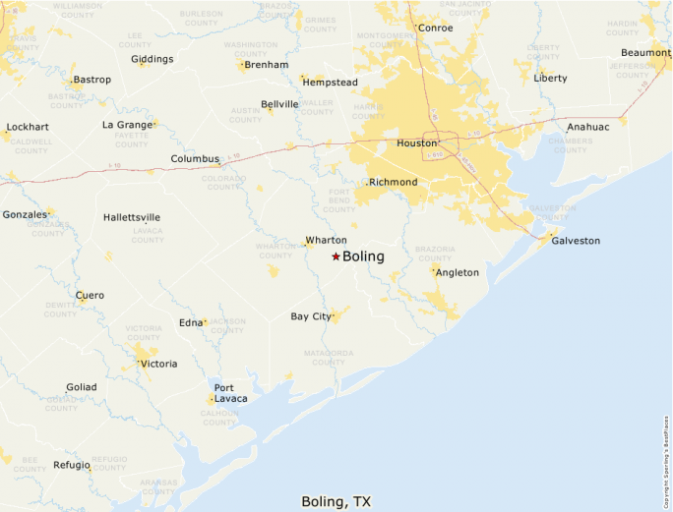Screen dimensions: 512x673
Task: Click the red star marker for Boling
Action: pos(336,256)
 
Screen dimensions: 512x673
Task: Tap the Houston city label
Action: pos(415,142)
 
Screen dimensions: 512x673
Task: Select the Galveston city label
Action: pos(576,241)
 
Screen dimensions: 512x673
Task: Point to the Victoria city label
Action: pos(158,364)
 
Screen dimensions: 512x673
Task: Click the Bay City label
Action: pos(311,316)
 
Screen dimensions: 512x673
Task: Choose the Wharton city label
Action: pos(326,240)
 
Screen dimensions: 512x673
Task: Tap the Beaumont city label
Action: pos(645,52)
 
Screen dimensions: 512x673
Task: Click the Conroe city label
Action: pos(435,28)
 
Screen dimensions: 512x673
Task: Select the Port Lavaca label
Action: pos(230,392)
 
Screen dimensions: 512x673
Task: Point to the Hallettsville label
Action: pos(132,217)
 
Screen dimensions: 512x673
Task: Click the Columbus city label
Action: pos(195,158)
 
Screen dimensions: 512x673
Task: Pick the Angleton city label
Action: pos(457,272)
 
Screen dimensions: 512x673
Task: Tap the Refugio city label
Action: pos(72,465)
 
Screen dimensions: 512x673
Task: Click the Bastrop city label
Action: pos(92,80)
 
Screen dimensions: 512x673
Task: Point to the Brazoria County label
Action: pos(436,254)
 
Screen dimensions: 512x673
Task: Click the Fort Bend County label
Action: pos(339,199)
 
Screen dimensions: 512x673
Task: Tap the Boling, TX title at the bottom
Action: pos(336,501)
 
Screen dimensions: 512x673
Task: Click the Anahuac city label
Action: pos(587,127)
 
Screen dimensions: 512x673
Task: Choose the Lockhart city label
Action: pos(28,127)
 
